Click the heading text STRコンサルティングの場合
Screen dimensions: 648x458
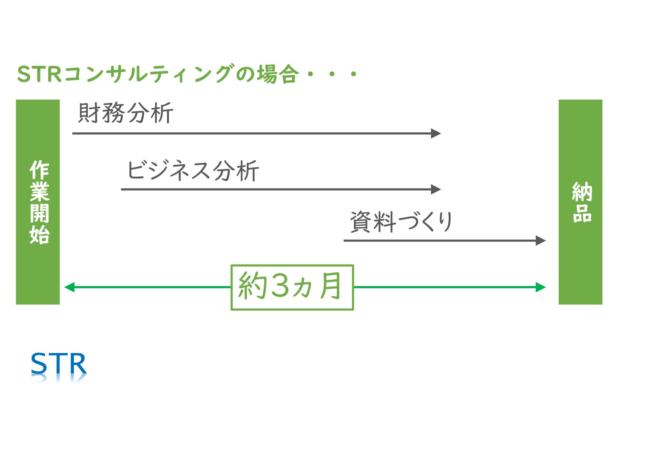158,74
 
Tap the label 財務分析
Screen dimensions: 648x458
126,113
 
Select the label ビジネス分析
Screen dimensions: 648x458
193,170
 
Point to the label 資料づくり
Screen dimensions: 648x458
401,222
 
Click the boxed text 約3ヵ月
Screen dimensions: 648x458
291,287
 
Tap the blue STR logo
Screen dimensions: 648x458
58,364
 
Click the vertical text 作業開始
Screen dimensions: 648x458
39,202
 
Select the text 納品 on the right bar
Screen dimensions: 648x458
581,202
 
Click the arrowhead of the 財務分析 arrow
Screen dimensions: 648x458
436,133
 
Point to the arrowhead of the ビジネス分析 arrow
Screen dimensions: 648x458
436,189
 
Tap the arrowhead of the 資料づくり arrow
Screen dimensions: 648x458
541,241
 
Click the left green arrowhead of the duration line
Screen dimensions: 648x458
69,287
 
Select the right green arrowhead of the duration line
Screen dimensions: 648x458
541,287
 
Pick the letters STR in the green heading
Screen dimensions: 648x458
39,74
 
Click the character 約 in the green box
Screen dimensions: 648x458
252,286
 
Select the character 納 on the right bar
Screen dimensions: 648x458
581,192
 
